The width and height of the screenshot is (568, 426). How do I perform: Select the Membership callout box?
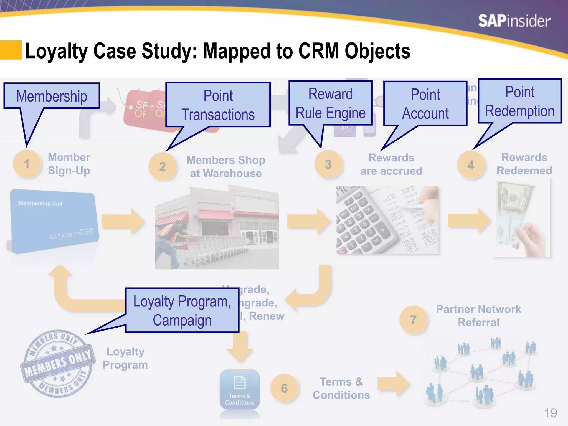52,96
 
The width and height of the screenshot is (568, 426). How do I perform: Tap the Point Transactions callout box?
218,105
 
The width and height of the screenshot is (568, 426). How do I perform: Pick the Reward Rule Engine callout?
330,103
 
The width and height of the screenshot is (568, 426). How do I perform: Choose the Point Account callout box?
425,103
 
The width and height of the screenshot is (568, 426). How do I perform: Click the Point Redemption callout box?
520,101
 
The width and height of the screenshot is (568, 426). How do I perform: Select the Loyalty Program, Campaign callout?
182,310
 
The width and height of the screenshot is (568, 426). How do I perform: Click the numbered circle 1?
27,164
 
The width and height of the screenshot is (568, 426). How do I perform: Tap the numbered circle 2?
162,166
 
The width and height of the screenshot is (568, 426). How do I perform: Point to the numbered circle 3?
328,164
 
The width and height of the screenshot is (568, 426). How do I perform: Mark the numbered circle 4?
471,165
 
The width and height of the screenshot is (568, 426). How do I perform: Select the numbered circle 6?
284,388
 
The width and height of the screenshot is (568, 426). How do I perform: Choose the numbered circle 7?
413,320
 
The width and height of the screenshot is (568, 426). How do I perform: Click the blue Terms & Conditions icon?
240,390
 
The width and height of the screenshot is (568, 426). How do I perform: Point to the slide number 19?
550,413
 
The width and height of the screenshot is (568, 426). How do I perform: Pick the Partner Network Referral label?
478,316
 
